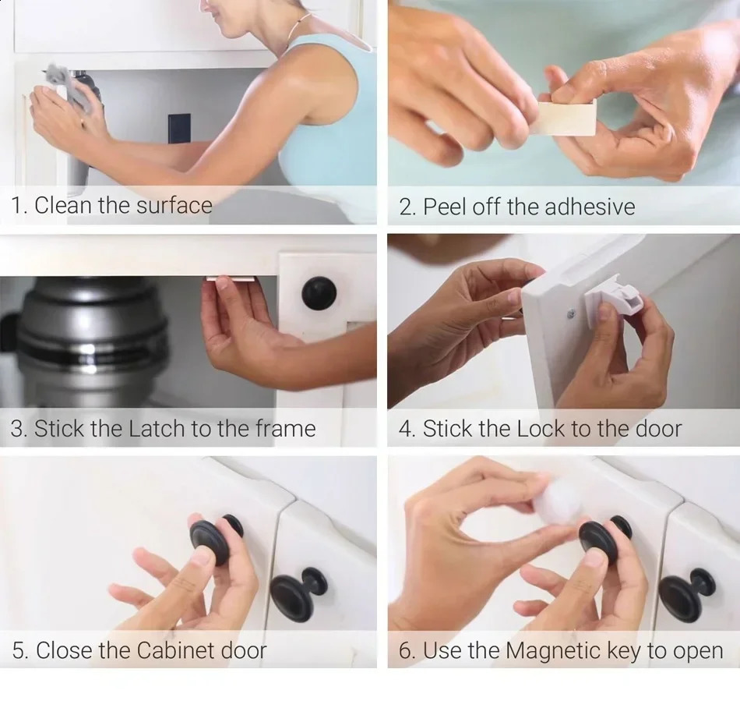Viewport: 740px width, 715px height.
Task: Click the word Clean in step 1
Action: pyautogui.click(x=63, y=206)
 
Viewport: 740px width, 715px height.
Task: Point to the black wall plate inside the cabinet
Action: pyautogui.click(x=179, y=129)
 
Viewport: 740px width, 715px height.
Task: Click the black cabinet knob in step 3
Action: pyautogui.click(x=319, y=292)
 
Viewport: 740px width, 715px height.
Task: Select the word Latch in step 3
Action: pyautogui.click(x=156, y=429)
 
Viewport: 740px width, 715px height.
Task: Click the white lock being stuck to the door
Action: pyautogui.click(x=619, y=299)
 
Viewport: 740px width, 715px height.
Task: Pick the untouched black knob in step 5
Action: pyautogui.click(x=300, y=593)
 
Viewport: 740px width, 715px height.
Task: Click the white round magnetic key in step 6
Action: pyautogui.click(x=557, y=499)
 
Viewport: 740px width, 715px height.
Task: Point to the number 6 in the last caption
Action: pyautogui.click(x=406, y=650)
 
